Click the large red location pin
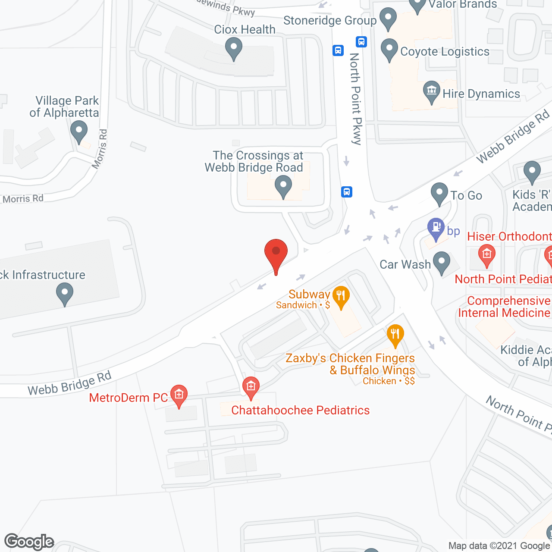[x=276, y=254]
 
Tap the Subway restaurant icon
[x=341, y=297]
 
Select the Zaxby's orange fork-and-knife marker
[x=395, y=335]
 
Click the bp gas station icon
[x=436, y=228]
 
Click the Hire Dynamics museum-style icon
[x=431, y=91]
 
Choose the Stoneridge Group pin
[x=388, y=19]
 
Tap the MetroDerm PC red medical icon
[x=179, y=395]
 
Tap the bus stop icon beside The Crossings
[x=347, y=191]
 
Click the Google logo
[x=29, y=542]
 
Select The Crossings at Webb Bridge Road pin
[x=283, y=188]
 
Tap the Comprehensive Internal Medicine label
[x=505, y=307]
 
